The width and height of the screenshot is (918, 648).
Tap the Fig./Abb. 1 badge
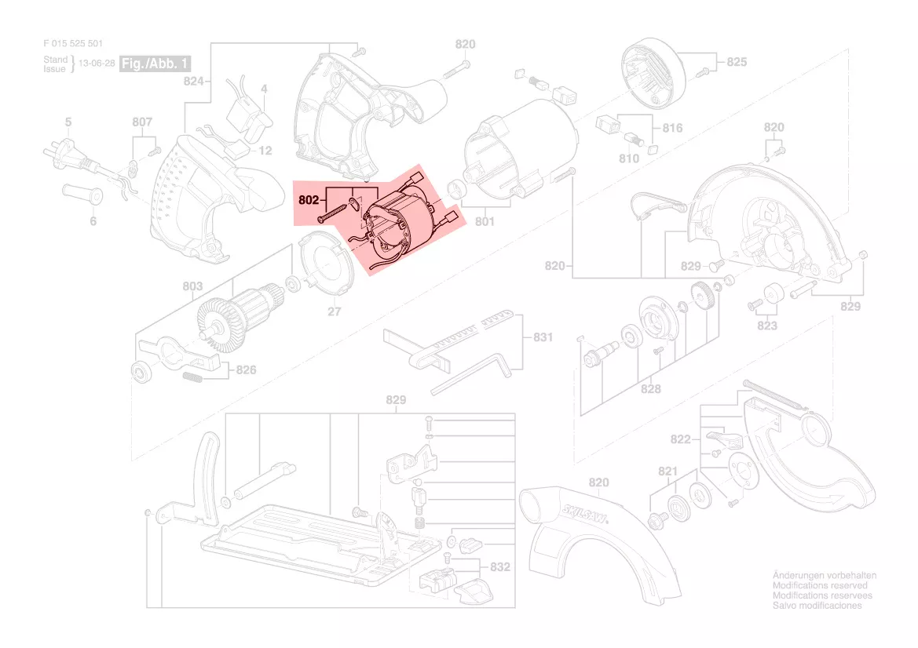click(x=155, y=63)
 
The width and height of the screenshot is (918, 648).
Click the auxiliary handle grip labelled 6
click(x=82, y=193)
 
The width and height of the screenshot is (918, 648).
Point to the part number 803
click(x=193, y=287)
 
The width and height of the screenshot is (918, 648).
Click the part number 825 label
click(x=737, y=62)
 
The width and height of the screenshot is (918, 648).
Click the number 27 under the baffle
click(x=335, y=312)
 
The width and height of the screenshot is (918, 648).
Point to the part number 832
click(x=500, y=566)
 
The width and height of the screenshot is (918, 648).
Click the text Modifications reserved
click(x=820, y=585)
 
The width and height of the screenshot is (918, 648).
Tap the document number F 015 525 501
click(x=73, y=44)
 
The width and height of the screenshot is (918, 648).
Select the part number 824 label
click(x=193, y=81)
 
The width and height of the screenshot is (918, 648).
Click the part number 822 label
click(x=680, y=439)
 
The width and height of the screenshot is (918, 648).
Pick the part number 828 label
click(x=650, y=388)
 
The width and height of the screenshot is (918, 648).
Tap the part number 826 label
click(x=246, y=369)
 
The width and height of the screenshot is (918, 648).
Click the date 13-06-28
click(x=97, y=64)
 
